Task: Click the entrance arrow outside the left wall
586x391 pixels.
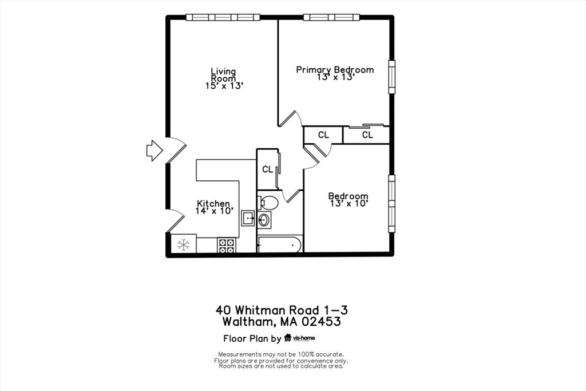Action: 154,150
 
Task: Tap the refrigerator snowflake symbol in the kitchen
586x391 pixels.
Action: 183,245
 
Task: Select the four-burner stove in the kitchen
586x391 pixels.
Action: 227,246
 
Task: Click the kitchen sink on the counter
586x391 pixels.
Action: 248,218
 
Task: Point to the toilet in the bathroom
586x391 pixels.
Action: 268,202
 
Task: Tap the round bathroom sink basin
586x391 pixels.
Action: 265,219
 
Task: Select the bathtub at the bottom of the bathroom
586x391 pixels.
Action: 279,245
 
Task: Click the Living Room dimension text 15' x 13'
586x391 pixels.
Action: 224,86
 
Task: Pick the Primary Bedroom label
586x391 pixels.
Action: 335,70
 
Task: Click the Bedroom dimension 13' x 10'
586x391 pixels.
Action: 348,203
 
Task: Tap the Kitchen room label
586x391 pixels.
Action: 213,203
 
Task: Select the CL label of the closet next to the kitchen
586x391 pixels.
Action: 267,169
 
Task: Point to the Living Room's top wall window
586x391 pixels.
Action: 223,18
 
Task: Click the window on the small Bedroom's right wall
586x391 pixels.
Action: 392,203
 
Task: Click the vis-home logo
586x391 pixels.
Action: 300,338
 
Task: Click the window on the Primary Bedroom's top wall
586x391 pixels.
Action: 331,18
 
